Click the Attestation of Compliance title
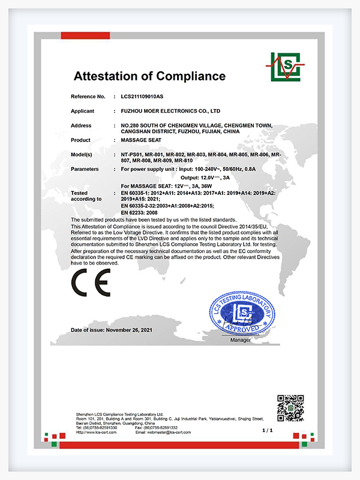click(149, 76)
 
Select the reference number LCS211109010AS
click(146, 96)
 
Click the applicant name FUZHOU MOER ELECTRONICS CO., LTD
click(170, 111)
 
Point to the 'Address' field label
click(81, 125)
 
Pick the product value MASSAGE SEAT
click(139, 140)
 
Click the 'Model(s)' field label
click(82, 154)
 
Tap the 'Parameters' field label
click(84, 169)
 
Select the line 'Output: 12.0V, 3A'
click(210, 178)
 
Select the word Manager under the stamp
click(241, 340)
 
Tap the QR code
click(289, 408)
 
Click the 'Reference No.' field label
click(88, 96)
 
